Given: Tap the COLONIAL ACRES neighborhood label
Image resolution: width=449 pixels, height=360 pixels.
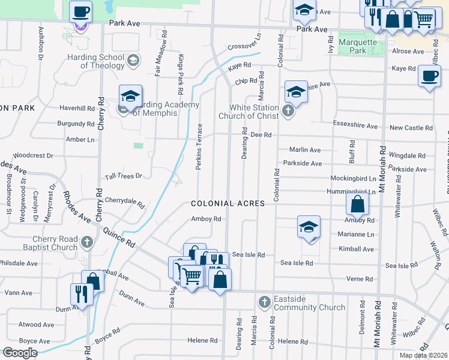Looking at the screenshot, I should click(228, 203).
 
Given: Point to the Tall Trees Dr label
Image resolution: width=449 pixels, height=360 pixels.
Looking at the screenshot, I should click(123, 176).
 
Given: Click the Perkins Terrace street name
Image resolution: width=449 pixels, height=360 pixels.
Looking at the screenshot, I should click(199, 147).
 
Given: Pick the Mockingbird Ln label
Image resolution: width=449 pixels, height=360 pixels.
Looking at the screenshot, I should click(353, 178).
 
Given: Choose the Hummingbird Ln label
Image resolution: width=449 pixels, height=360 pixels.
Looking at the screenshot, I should click(353, 191).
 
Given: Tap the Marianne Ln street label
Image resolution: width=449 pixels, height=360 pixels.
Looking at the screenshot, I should click(356, 235).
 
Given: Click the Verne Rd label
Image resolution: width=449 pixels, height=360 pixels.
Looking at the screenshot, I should click(361, 279).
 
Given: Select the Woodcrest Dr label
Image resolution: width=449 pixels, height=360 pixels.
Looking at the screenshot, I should click(33, 155).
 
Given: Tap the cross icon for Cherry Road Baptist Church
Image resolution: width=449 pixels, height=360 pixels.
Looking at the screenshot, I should click(87, 242).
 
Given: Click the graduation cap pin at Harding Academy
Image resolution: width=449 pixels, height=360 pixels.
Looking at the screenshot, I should click(130, 96).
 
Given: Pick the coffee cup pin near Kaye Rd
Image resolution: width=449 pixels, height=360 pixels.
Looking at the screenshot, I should click(429, 76).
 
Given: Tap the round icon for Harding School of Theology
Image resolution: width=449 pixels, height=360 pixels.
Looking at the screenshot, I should click(133, 60).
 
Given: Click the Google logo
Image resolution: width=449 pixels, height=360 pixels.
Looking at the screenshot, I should click(20, 353).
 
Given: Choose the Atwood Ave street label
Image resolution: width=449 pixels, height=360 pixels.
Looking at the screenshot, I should click(34, 325).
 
